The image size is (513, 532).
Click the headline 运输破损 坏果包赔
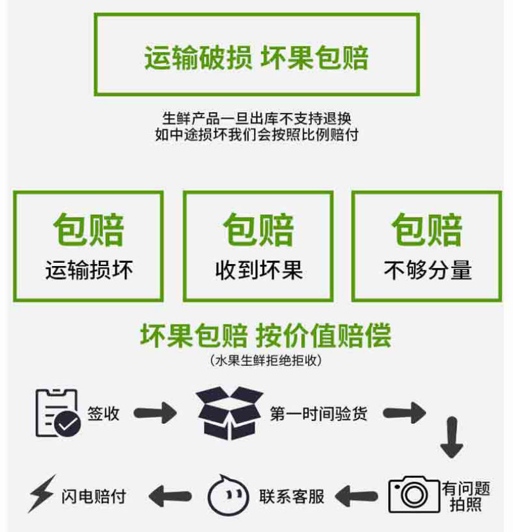[256, 58]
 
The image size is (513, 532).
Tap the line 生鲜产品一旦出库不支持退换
[256, 119]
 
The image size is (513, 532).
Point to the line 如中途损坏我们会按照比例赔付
[256, 135]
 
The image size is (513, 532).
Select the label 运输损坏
[89, 270]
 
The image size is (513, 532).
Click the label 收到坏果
[258, 270]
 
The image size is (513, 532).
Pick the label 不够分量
[428, 270]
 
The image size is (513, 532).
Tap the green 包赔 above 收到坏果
[258, 229]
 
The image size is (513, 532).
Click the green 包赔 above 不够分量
[427, 229]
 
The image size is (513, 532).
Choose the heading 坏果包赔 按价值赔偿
[265, 335]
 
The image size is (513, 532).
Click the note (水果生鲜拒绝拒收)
[266, 360]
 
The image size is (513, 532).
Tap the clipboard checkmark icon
[58, 413]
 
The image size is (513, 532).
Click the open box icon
[230, 413]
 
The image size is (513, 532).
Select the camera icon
[414, 494]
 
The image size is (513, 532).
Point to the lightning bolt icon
[42, 494]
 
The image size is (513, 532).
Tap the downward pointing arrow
[452, 438]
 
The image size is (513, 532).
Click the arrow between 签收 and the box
[155, 413]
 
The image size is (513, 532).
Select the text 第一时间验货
[319, 414]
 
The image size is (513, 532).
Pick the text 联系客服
[292, 497]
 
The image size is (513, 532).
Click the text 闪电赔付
[94, 497]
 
